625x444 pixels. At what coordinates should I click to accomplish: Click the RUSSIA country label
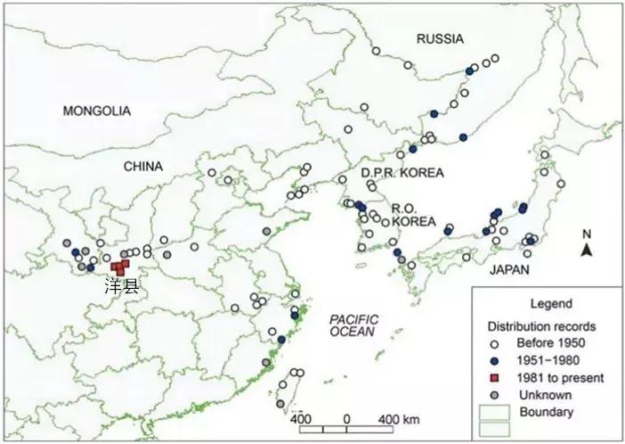click(x=441, y=38)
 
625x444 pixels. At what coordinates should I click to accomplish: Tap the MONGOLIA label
click(x=96, y=111)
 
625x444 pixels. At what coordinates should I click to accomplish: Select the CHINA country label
click(x=143, y=166)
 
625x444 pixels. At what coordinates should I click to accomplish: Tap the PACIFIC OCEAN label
click(x=353, y=325)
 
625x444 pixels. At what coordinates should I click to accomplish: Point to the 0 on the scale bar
click(x=346, y=419)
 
